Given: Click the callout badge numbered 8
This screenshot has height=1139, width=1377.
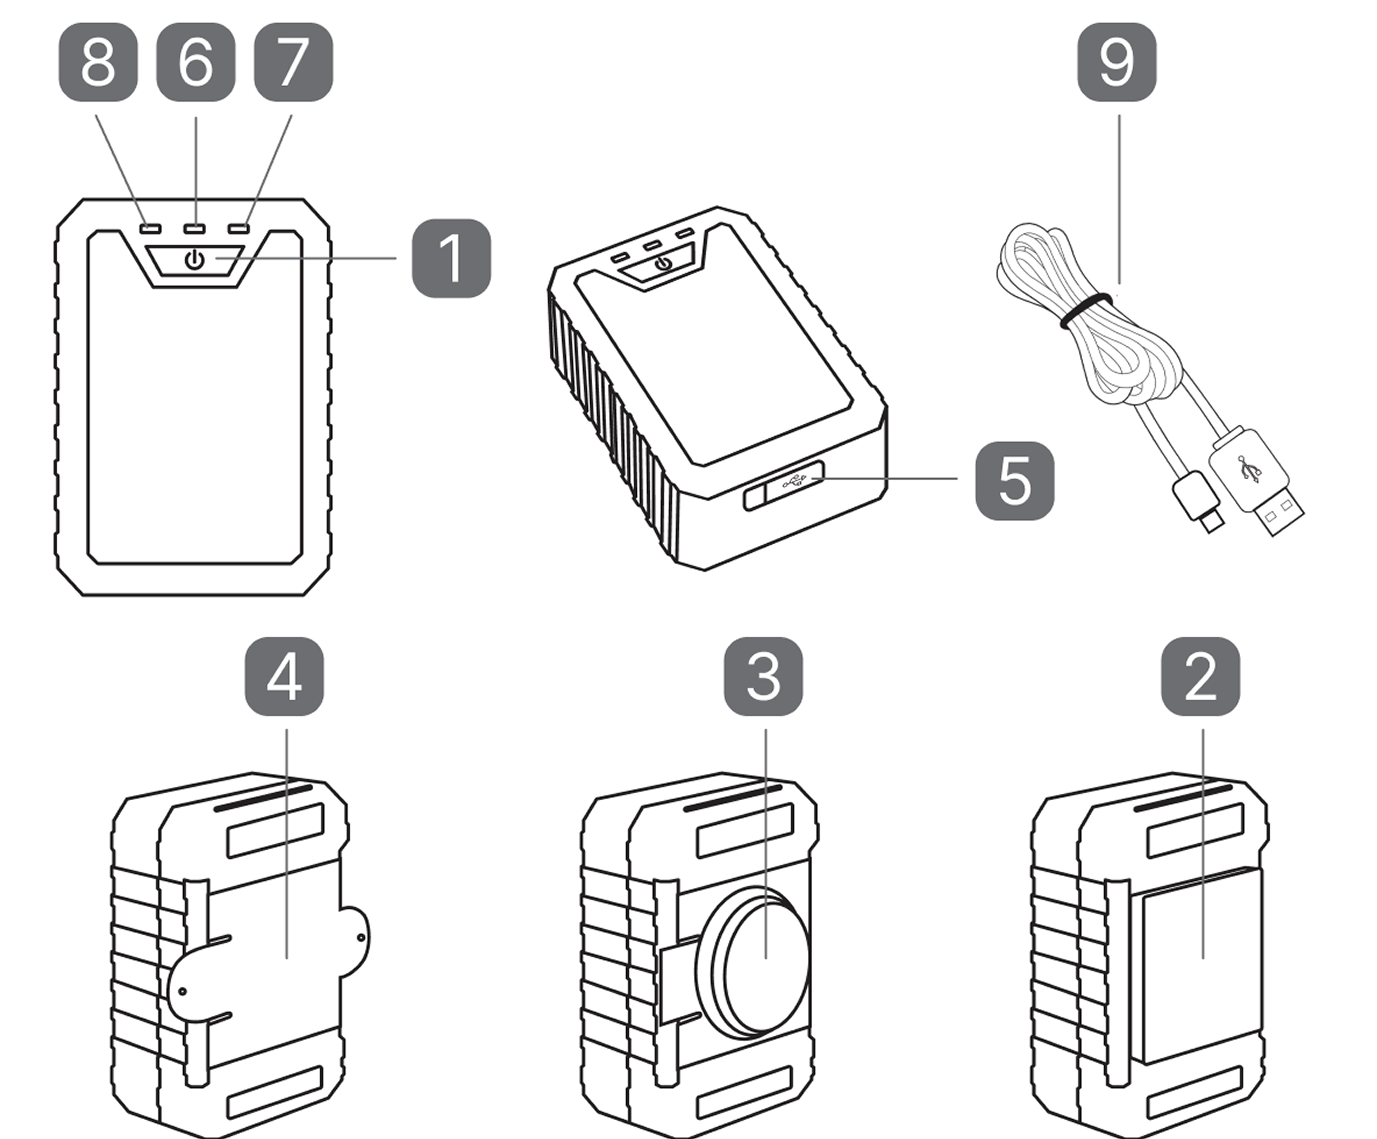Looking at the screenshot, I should [98, 62].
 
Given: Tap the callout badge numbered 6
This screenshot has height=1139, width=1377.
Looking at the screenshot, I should [195, 62].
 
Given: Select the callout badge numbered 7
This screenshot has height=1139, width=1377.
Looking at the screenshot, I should [293, 62].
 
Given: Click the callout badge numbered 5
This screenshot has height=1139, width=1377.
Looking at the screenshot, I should [1014, 481].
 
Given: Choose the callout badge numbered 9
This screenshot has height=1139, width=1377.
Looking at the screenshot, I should [1117, 62].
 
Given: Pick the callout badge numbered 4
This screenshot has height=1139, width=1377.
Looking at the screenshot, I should [284, 677].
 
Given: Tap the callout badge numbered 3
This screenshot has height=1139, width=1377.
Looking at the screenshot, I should [763, 677].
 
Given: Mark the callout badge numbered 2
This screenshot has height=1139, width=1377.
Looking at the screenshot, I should [1201, 677].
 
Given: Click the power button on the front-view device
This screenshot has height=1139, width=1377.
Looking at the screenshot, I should [195, 260].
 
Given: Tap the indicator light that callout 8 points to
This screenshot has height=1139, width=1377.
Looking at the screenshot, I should [150, 229].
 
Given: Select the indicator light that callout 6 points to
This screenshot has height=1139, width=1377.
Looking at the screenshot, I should [194, 229].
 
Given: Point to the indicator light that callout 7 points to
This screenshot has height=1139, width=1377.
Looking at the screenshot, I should [238, 229].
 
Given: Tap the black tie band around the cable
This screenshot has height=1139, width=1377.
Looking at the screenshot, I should [1085, 310].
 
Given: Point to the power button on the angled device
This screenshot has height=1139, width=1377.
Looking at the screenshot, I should [664, 264].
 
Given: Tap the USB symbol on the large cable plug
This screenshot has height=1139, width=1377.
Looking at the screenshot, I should [1249, 468].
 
